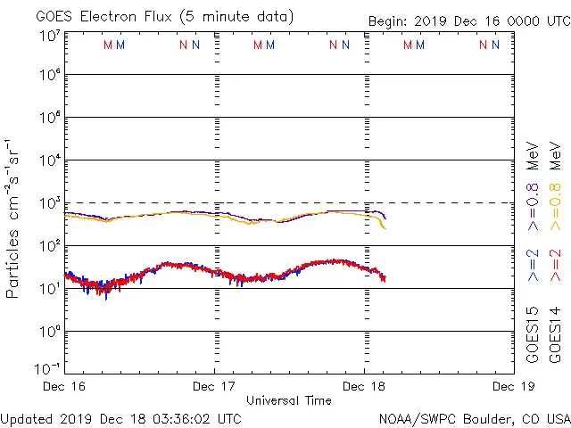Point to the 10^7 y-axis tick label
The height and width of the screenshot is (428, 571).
48,36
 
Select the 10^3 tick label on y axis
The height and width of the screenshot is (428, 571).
48,203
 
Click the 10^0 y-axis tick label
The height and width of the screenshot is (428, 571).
48,332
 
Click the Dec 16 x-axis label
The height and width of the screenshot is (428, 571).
63,387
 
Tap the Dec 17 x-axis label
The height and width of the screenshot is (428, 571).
215,387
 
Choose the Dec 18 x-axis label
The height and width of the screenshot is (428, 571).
364,387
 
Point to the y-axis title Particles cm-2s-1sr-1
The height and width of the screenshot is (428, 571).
14,218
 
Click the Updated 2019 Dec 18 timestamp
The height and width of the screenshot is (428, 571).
121,418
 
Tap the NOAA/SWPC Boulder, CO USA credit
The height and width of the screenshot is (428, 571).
474,418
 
